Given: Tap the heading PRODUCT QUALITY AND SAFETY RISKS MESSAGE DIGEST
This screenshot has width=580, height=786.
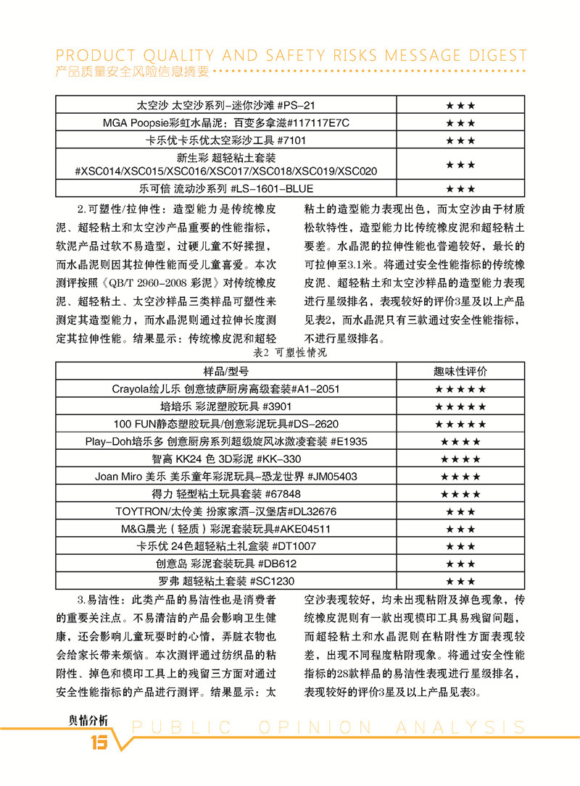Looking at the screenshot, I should [291, 56].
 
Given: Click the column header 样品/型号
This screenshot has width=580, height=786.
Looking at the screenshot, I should [225, 371].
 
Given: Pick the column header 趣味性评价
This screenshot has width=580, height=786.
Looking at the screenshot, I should [460, 371].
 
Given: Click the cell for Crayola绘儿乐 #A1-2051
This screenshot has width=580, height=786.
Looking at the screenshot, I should [225, 389].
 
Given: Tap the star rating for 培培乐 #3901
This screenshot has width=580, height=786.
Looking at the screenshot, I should [460, 406].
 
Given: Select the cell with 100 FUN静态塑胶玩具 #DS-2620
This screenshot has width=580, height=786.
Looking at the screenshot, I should [225, 424].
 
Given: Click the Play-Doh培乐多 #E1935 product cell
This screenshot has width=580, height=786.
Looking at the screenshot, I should [225, 441].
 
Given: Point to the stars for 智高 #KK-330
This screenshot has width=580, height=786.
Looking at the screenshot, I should [460, 459].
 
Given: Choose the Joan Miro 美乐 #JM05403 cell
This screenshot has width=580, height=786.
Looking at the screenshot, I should [225, 477].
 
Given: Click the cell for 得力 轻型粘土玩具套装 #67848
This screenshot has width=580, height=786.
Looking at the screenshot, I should [225, 494].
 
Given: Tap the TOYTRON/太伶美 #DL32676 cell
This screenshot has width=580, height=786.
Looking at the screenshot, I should [225, 511].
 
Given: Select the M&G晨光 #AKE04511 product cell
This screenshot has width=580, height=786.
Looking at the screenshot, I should [225, 529].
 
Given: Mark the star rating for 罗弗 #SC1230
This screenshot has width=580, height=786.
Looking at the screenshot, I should [460, 581].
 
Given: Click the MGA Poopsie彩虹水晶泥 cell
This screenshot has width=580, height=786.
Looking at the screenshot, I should [225, 122].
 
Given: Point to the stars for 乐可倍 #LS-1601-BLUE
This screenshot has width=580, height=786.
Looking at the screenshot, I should [460, 189].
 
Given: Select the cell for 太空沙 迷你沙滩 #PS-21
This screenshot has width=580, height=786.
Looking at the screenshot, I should [225, 106].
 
